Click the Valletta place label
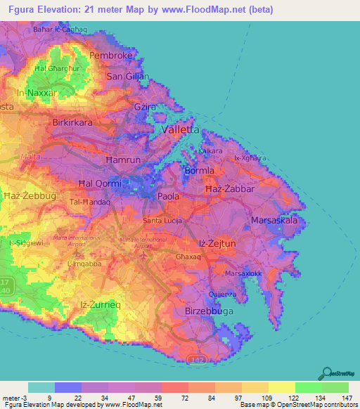pyautogui.click(x=181, y=130)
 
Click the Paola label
pyautogui.click(x=168, y=197)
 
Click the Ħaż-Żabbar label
pyautogui.click(x=229, y=190)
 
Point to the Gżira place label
pyautogui.click(x=144, y=106)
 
